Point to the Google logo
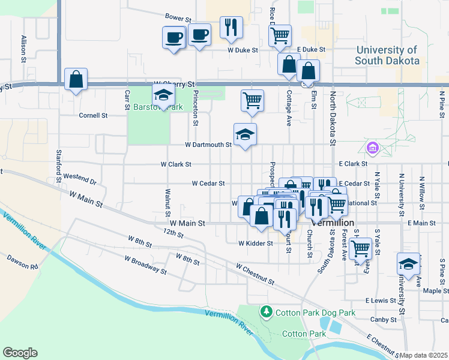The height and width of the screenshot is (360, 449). pos(20,353)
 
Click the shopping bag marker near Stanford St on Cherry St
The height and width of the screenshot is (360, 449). pos(76,79)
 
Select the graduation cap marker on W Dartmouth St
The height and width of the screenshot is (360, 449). pos(245,134)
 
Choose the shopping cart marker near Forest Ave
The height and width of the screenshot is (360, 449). pos(361,247)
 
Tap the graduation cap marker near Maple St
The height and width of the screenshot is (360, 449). pos(408,264)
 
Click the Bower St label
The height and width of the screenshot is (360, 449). pos(177,18)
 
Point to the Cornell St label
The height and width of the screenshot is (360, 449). pos(95,115)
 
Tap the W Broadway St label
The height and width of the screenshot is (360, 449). pos(145,265)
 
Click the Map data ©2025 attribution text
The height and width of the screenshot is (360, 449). pos(424,355)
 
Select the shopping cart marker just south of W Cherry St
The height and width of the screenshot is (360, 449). pos(253,101)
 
